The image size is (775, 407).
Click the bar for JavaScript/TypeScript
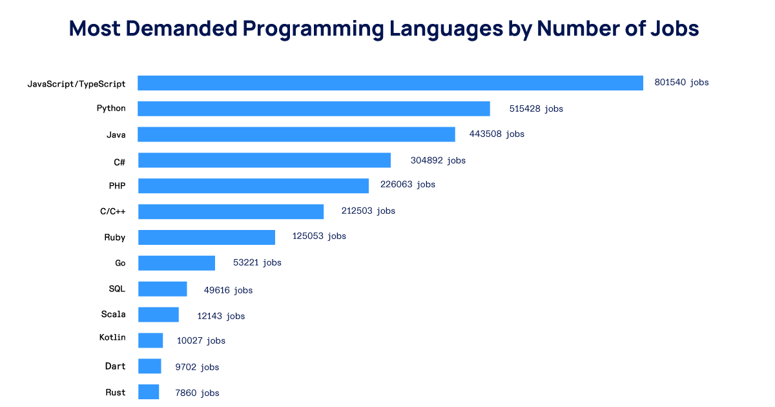pyautogui.click(x=390, y=83)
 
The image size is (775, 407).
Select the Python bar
pyautogui.click(x=314, y=109)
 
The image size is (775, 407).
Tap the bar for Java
pyautogui.click(x=296, y=134)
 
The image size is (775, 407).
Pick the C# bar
pyautogui.click(x=264, y=160)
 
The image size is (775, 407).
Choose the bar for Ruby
pyautogui.click(x=207, y=237)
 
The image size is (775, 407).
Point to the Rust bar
pyautogui.click(x=149, y=392)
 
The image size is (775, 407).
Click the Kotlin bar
pyautogui.click(x=150, y=340)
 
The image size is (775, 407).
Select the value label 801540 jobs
pyautogui.click(x=681, y=83)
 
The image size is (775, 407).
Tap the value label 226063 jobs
pyautogui.click(x=408, y=185)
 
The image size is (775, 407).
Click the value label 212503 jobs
pyautogui.click(x=368, y=211)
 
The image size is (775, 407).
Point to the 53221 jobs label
pyautogui.click(x=257, y=262)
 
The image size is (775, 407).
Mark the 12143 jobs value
pyautogui.click(x=221, y=316)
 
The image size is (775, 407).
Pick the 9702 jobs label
pyautogui.click(x=197, y=367)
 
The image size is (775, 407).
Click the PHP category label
pyautogui.click(x=117, y=186)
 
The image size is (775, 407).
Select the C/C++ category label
pyautogui.click(x=112, y=211)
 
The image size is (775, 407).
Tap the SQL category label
pyautogui.click(x=117, y=289)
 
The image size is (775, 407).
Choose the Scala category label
pyautogui.click(x=113, y=315)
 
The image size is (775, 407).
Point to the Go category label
pyautogui.click(x=120, y=263)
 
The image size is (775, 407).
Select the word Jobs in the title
pyautogui.click(x=674, y=29)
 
